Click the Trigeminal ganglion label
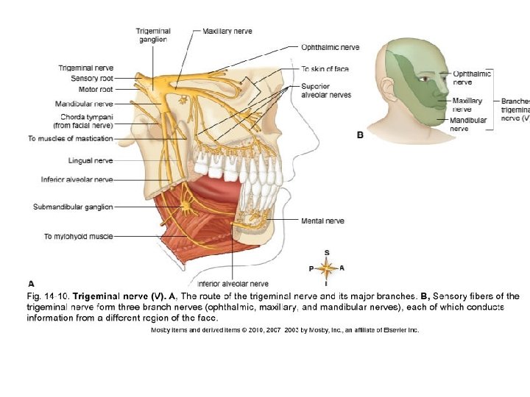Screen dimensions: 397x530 click(153, 35)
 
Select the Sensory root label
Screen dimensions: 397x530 click(92, 78)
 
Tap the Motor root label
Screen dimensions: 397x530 click(96, 89)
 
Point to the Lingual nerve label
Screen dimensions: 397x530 click(91, 160)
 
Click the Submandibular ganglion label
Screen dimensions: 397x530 click(73, 207)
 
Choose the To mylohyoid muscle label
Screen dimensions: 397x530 click(78, 236)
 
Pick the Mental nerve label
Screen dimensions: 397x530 click(322, 221)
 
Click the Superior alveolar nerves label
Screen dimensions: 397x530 click(326, 90)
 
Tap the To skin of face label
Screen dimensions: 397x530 click(325, 68)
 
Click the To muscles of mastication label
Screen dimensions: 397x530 click(71, 138)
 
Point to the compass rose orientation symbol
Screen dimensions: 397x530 click(327, 268)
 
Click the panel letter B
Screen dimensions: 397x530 click(360, 135)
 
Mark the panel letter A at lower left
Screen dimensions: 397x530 click(31, 282)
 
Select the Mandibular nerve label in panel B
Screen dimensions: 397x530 click(468, 124)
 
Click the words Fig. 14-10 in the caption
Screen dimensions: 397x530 click(48, 296)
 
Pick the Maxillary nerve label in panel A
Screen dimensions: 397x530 click(227, 31)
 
